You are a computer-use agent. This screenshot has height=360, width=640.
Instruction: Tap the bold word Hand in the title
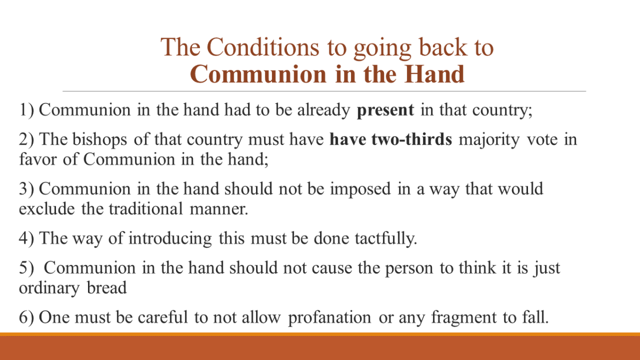(434, 74)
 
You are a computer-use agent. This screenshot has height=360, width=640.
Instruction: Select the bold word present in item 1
(385, 110)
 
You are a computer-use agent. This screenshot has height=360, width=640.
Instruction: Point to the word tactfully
(386, 238)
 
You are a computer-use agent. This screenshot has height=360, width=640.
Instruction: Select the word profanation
(329, 317)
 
